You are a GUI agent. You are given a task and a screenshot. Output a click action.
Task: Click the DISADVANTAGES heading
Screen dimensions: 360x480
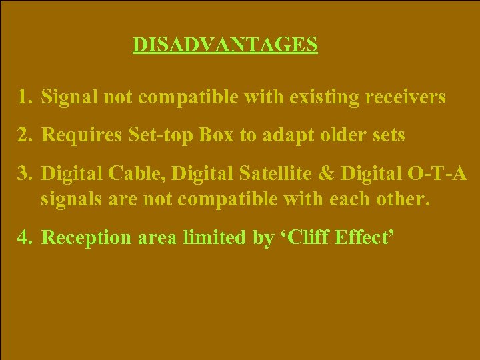[x=225, y=44]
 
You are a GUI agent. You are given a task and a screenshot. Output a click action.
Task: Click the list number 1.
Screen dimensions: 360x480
[x=24, y=98]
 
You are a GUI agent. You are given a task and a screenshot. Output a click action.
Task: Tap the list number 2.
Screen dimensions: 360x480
[x=25, y=135]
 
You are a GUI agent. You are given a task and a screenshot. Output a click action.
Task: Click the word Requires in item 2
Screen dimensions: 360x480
[x=77, y=135]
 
